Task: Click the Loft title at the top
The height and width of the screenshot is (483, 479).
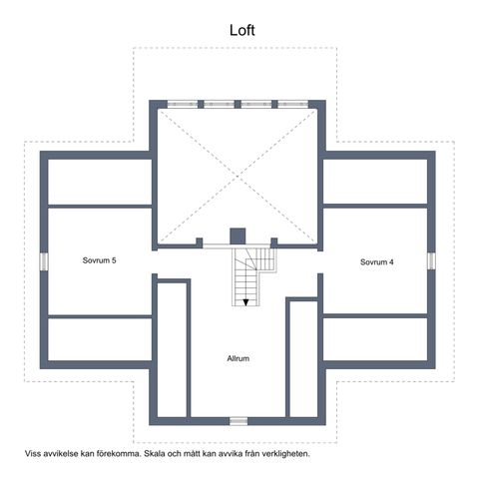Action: click(242, 30)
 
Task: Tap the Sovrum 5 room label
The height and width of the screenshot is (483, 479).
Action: click(99, 260)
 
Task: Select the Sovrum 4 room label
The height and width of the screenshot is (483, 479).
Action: click(377, 262)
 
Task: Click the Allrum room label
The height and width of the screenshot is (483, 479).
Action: click(239, 358)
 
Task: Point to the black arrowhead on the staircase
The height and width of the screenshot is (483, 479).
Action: click(245, 302)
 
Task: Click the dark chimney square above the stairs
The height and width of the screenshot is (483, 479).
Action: click(238, 237)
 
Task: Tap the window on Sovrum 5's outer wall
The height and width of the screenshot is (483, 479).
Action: click(44, 261)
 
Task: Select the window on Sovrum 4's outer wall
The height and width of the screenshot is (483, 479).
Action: click(431, 261)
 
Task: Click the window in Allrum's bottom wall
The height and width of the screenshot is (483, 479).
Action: click(239, 421)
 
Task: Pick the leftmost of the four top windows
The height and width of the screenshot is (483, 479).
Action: click(183, 104)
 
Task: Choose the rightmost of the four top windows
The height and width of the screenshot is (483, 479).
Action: click(293, 104)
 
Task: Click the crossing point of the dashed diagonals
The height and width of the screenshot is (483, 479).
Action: click(238, 177)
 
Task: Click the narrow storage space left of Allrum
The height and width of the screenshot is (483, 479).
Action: click(172, 350)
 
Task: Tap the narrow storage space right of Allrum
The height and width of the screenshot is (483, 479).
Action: click(303, 359)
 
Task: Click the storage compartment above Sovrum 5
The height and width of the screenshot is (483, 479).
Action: click(100, 182)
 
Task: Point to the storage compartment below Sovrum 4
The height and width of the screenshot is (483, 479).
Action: click(375, 339)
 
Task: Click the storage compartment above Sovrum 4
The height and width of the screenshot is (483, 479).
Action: click(375, 182)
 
